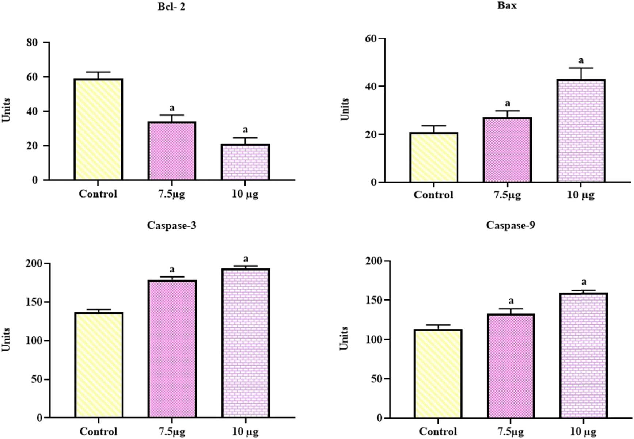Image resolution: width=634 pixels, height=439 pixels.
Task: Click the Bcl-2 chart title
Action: point(171,7)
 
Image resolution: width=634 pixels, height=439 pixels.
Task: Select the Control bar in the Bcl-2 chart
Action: point(98,130)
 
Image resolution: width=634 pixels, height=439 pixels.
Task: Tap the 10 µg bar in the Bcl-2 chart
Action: point(245,162)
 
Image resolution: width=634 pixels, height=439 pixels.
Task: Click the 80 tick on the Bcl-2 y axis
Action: point(32,43)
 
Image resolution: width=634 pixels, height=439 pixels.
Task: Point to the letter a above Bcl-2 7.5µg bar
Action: point(172,108)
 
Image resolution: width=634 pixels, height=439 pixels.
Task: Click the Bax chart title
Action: point(507,5)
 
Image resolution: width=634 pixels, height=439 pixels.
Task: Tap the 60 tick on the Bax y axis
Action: point(371,38)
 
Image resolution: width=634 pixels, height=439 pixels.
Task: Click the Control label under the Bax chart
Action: point(433,195)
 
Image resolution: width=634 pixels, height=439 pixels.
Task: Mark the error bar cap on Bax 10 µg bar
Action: point(581,68)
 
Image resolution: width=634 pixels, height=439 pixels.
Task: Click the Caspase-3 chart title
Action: point(171,225)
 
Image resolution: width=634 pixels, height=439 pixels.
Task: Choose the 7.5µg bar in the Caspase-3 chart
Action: point(172,349)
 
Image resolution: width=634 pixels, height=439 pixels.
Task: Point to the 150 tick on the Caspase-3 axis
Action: point(34,302)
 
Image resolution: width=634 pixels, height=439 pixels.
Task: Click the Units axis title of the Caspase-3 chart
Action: point(6,340)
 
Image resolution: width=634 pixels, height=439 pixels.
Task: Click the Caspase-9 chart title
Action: point(510,225)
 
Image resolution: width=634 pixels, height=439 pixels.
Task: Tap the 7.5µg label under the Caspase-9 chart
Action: point(510,431)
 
